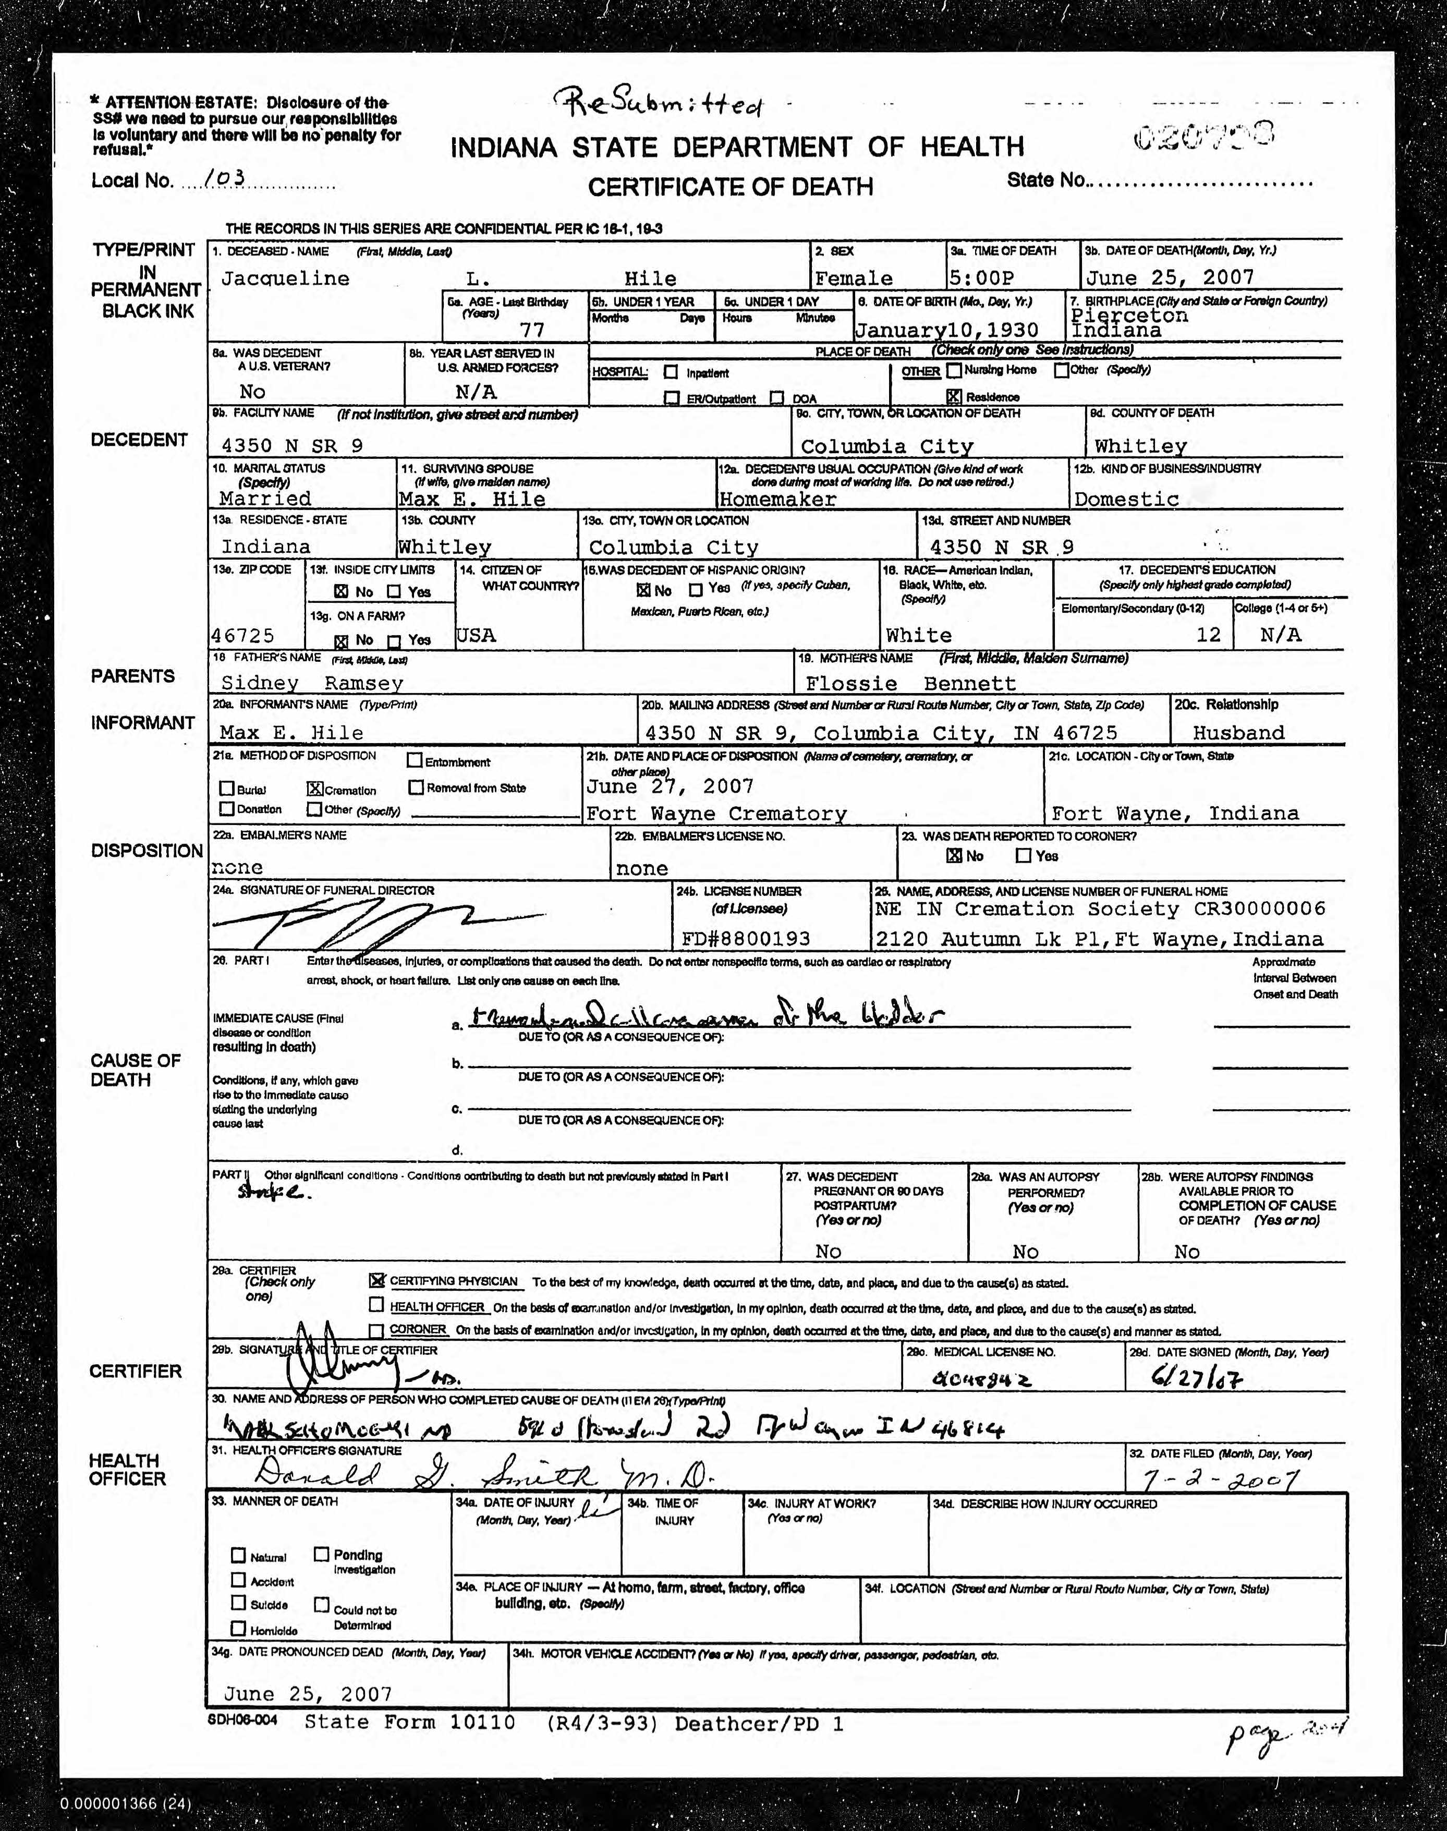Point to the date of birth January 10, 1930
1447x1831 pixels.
(x=946, y=330)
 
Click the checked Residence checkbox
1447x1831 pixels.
(x=954, y=396)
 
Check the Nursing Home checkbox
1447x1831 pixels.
(x=955, y=370)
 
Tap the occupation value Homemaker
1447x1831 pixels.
(x=777, y=499)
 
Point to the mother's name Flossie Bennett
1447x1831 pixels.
(x=910, y=683)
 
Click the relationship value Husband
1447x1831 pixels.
(x=1238, y=733)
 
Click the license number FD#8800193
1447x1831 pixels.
(x=746, y=939)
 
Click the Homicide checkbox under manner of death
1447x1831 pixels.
(x=238, y=1629)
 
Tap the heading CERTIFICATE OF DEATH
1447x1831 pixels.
(x=730, y=186)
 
